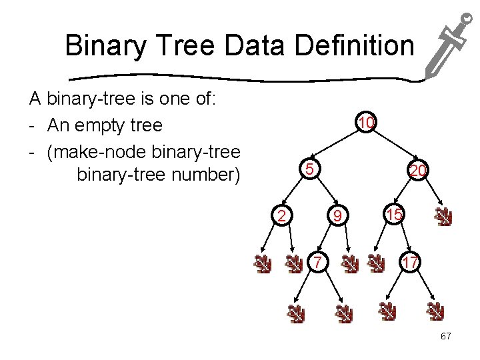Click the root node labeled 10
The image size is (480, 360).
point(366,123)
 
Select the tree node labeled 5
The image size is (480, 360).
point(309,169)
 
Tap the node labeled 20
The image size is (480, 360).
point(418,171)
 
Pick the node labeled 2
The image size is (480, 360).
point(282,215)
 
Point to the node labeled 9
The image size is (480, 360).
point(338,215)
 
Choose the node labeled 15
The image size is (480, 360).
point(394,215)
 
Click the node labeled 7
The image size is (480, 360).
point(319,262)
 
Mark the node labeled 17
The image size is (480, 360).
point(409,262)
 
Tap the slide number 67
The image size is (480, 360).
point(445,336)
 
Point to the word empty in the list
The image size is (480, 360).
point(99,125)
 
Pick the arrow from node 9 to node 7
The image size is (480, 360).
point(329,238)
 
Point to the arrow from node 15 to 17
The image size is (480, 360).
point(401,238)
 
